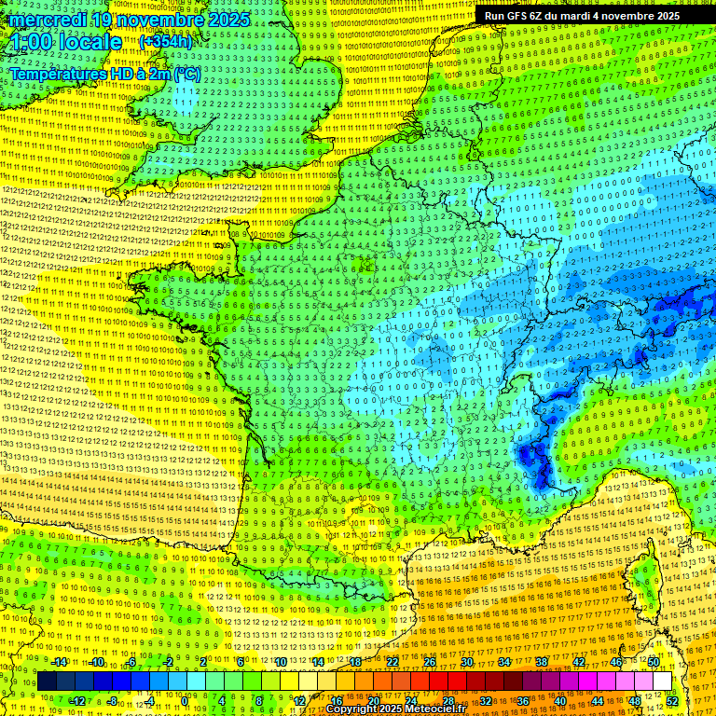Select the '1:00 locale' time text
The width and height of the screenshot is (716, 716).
tap(65, 43)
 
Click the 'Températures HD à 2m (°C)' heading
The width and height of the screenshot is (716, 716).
tap(104, 74)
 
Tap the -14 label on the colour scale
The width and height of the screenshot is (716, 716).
tap(59, 662)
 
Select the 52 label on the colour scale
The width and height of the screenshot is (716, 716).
tap(673, 700)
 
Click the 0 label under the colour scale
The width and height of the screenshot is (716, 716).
tap(185, 700)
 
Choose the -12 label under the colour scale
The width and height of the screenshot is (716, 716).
tap(77, 700)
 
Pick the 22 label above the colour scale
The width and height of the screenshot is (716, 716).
tap(392, 662)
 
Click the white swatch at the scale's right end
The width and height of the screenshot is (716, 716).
tap(662, 682)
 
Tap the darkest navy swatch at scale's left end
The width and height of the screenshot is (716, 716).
tap(47, 682)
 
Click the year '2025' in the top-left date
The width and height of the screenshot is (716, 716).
tap(227, 20)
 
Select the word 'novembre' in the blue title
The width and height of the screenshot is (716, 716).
tap(158, 20)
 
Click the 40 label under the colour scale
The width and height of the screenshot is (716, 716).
tap(560, 700)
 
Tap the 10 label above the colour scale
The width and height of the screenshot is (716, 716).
tap(281, 662)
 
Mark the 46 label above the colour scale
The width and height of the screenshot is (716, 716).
tap(616, 662)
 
